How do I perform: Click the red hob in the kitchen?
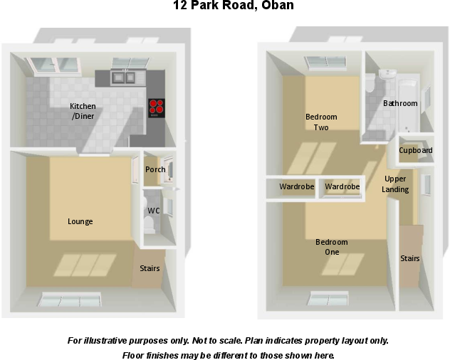click(x=156, y=108)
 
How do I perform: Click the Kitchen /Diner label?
click(x=83, y=111)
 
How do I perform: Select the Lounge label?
click(x=80, y=221)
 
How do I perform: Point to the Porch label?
click(x=155, y=169)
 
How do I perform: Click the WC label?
click(x=153, y=211)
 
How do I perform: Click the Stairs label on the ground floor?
click(x=150, y=268)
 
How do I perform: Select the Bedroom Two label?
click(x=321, y=122)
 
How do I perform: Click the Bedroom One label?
click(x=332, y=247)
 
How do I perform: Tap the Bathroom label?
click(x=400, y=103)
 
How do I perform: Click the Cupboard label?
click(x=415, y=150)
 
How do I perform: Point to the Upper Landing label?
click(x=395, y=184)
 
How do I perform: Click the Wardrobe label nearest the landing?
click(x=342, y=186)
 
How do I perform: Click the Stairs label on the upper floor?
click(x=409, y=258)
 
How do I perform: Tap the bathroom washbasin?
click(x=387, y=74)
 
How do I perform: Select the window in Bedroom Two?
click(x=328, y=63)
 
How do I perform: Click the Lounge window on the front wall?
click(x=70, y=299)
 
